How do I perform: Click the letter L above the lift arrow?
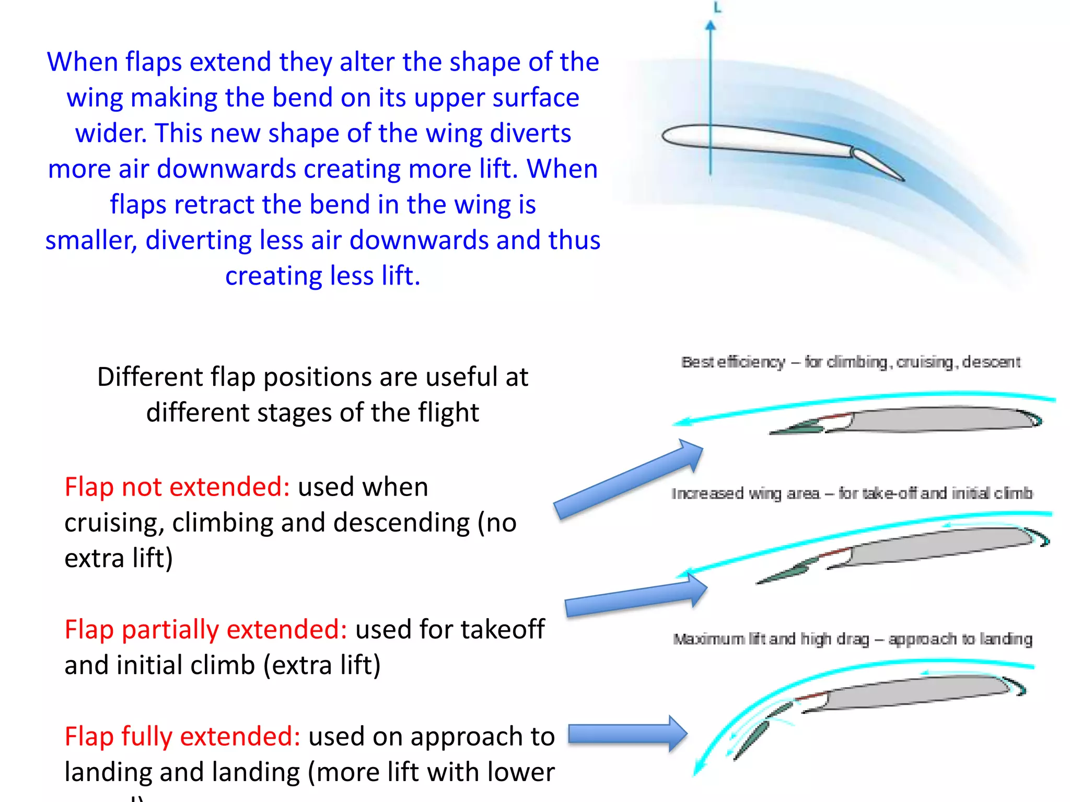click(717, 8)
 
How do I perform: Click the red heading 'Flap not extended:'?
click(177, 487)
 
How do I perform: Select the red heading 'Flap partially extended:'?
click(206, 630)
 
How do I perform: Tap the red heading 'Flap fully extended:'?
click(182, 737)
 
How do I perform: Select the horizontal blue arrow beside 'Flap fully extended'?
click(627, 734)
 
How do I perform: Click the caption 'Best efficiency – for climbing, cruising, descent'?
click(851, 362)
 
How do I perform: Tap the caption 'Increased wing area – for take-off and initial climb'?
click(852, 493)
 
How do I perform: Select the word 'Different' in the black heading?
click(150, 377)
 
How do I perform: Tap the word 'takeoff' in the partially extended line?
click(502, 630)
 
